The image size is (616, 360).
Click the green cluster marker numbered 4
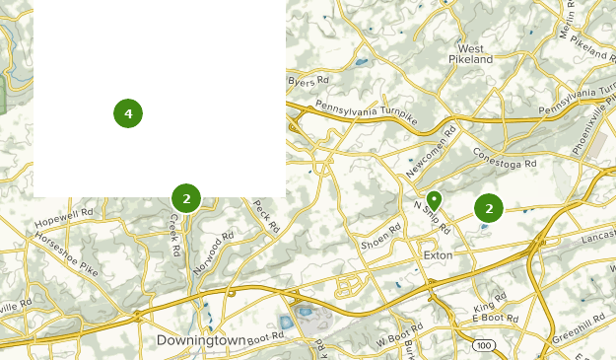coord(128,113)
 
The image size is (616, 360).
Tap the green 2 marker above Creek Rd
coord(186,198)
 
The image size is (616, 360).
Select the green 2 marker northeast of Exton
coord(489,208)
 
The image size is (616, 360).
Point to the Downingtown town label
coord(201,340)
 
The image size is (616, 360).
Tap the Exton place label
coord(437,254)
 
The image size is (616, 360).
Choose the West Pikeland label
coord(470,53)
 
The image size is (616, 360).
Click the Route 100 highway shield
coord(483,345)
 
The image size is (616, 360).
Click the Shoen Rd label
coord(381,237)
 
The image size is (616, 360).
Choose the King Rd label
coord(489,308)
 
